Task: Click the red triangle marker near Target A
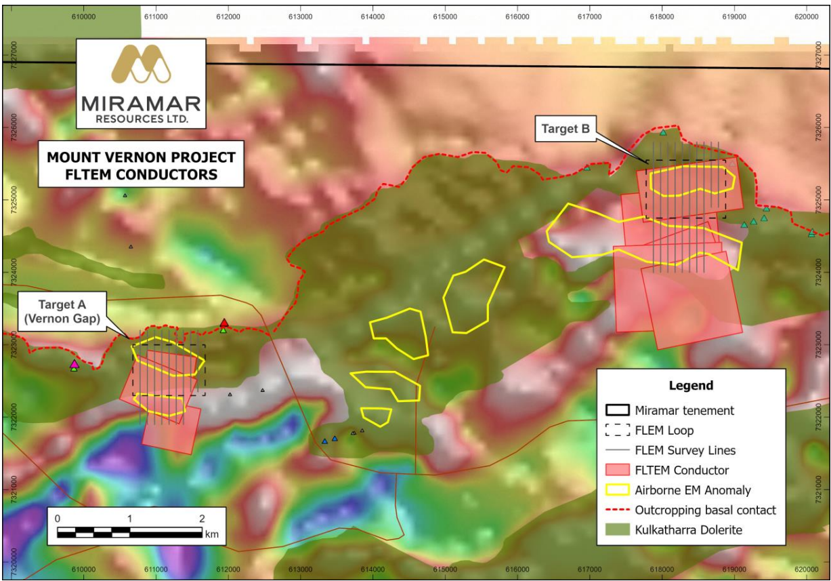[224, 323]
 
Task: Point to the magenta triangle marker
[74, 364]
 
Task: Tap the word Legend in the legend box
[691, 386]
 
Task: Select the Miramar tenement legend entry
[684, 410]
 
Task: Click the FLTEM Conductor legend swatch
[617, 470]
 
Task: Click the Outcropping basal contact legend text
[705, 510]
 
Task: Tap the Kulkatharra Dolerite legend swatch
[617, 529]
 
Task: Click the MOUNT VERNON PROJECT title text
[141, 158]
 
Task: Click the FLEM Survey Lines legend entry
[685, 450]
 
